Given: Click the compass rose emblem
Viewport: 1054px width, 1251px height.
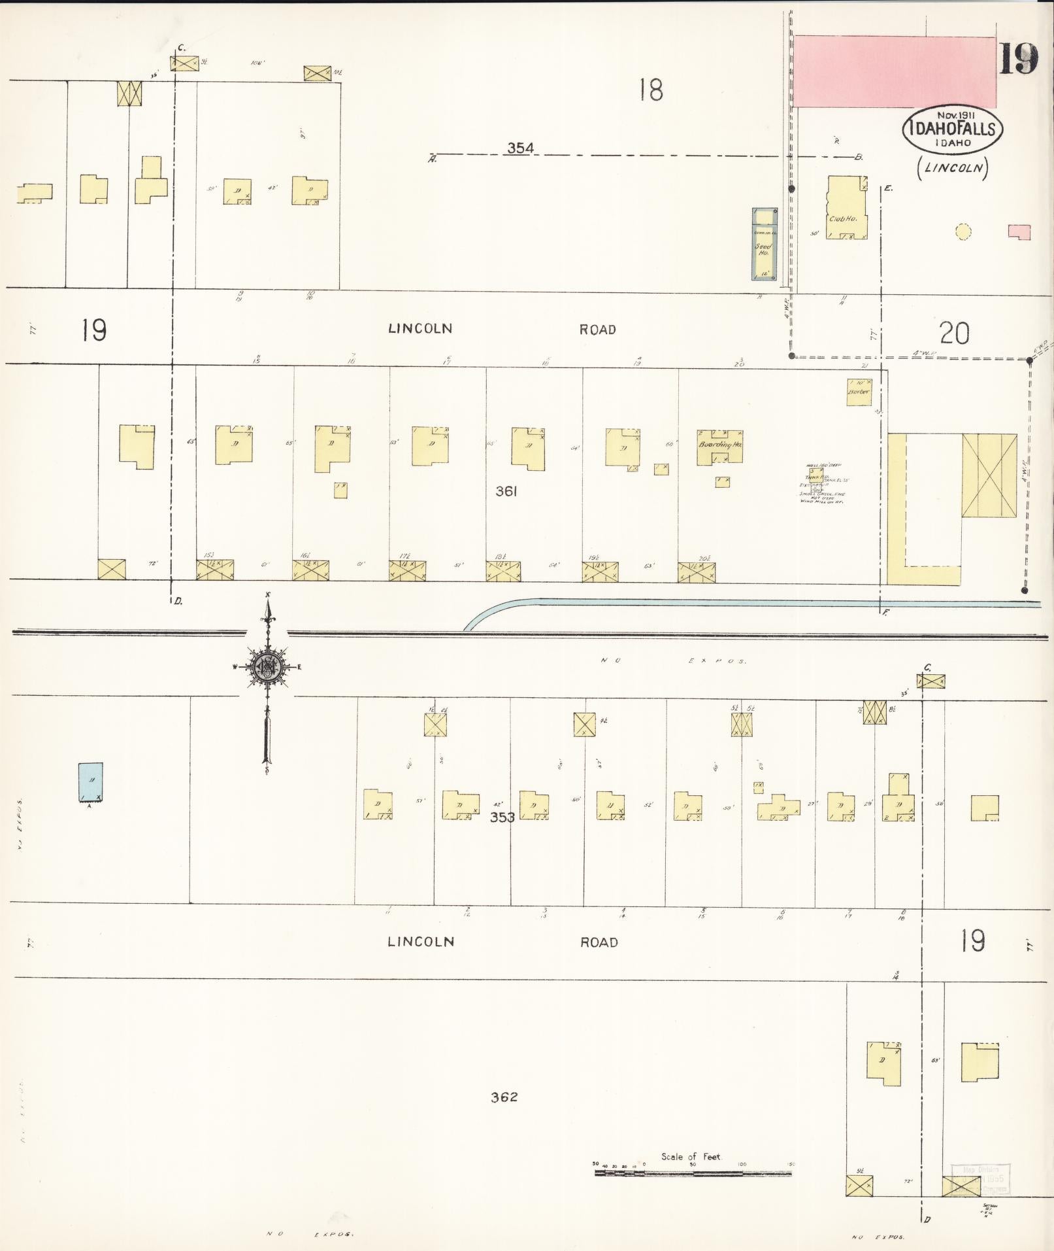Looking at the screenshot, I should click(x=267, y=666).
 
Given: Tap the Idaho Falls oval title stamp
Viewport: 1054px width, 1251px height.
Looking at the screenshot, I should click(x=952, y=129).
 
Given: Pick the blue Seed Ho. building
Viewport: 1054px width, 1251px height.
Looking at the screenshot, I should click(x=764, y=244).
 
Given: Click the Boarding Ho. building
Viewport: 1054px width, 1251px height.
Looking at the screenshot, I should click(x=719, y=447).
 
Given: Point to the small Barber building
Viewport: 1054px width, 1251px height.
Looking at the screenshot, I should click(x=859, y=392).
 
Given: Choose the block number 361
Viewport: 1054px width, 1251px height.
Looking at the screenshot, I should click(x=506, y=491).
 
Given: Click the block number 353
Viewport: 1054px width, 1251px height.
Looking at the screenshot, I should click(x=502, y=817).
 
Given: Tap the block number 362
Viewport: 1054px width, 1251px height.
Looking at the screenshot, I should click(x=504, y=1097).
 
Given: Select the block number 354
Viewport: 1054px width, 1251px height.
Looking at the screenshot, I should click(x=520, y=148).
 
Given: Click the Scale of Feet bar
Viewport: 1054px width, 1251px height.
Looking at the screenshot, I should click(x=693, y=1191).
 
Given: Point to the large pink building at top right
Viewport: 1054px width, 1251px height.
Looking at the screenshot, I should click(x=894, y=72).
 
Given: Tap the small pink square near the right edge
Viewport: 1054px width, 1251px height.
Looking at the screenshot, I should click(x=1019, y=231).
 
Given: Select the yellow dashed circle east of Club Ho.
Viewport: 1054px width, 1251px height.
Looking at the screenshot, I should click(x=963, y=231).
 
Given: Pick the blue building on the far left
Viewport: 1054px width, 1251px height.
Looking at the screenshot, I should click(x=90, y=781).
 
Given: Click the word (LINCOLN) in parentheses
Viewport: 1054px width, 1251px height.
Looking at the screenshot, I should click(x=953, y=167).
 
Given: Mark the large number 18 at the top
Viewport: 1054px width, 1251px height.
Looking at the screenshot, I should click(x=651, y=90).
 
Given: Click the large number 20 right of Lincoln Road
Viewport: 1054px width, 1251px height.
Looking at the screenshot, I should click(x=954, y=334).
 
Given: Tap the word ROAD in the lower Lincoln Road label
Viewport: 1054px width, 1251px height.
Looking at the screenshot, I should click(x=599, y=942).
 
